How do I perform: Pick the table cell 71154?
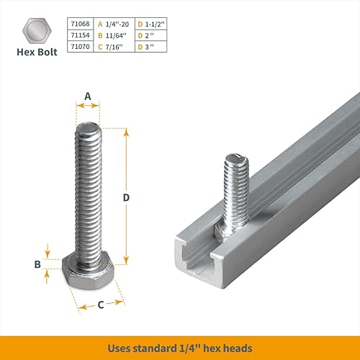click(x=79, y=34)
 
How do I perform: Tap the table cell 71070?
click(x=79, y=45)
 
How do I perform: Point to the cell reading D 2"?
click(x=148, y=34)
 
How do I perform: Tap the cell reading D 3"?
click(x=148, y=45)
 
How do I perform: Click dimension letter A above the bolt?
click(x=88, y=96)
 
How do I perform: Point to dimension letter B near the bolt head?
click(x=37, y=264)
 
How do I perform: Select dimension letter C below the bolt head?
click(x=101, y=305)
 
